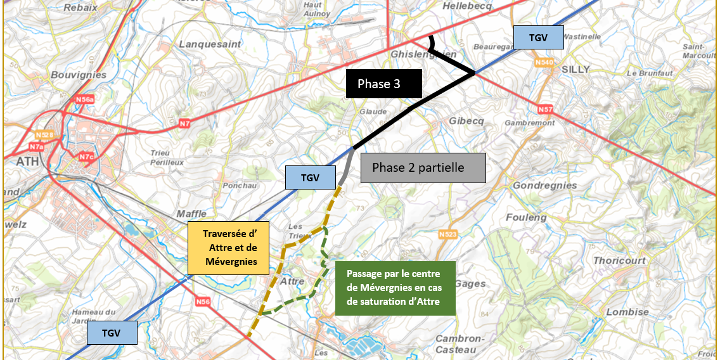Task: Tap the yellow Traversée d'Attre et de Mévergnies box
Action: pos(229,248)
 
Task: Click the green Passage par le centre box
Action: pos(395,288)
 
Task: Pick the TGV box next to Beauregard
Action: pos(538,38)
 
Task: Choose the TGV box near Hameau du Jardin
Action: pos(111,332)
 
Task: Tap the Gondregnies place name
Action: pos(544,186)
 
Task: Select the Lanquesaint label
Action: pos(210,44)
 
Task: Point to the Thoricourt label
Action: pos(619,260)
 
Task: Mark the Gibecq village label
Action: pos(466,121)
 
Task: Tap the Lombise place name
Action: pos(627,312)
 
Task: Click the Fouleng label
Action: pos(526,217)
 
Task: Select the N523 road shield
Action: pos(447,235)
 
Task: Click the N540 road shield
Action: pos(544,62)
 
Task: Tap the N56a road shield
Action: pos(85,100)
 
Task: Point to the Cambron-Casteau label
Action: pos(460,344)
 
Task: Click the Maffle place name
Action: pos(191,214)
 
